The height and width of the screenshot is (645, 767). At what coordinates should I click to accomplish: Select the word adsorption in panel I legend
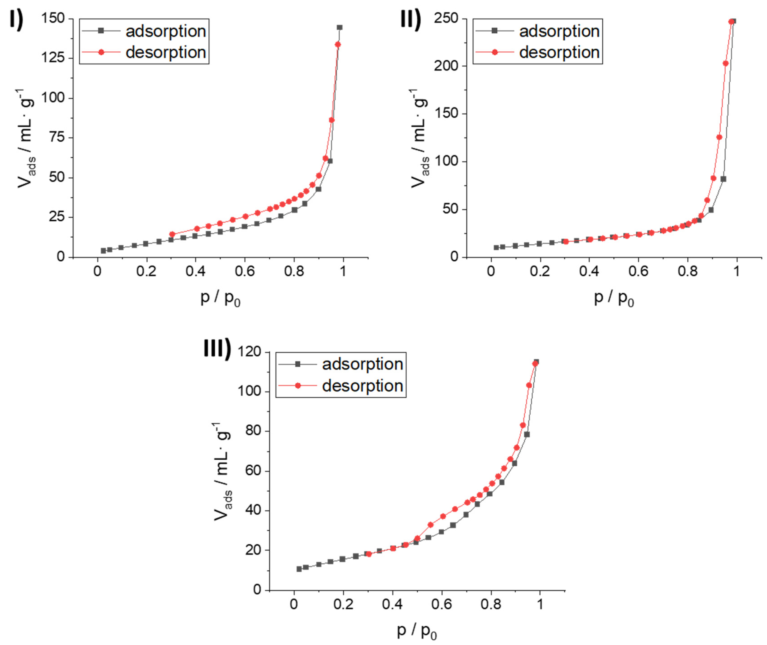[x=166, y=31]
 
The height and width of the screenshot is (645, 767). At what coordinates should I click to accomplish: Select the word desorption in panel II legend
[x=559, y=52]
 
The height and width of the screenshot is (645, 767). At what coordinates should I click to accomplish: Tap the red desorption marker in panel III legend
[x=298, y=386]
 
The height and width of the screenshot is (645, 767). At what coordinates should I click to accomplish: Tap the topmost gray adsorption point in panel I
[x=339, y=28]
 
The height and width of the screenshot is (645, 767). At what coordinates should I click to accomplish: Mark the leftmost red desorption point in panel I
[x=172, y=234]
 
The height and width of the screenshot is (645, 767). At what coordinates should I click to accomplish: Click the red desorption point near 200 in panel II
[x=725, y=64]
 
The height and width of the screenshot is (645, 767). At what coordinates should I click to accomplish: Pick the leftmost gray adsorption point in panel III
[x=299, y=569]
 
